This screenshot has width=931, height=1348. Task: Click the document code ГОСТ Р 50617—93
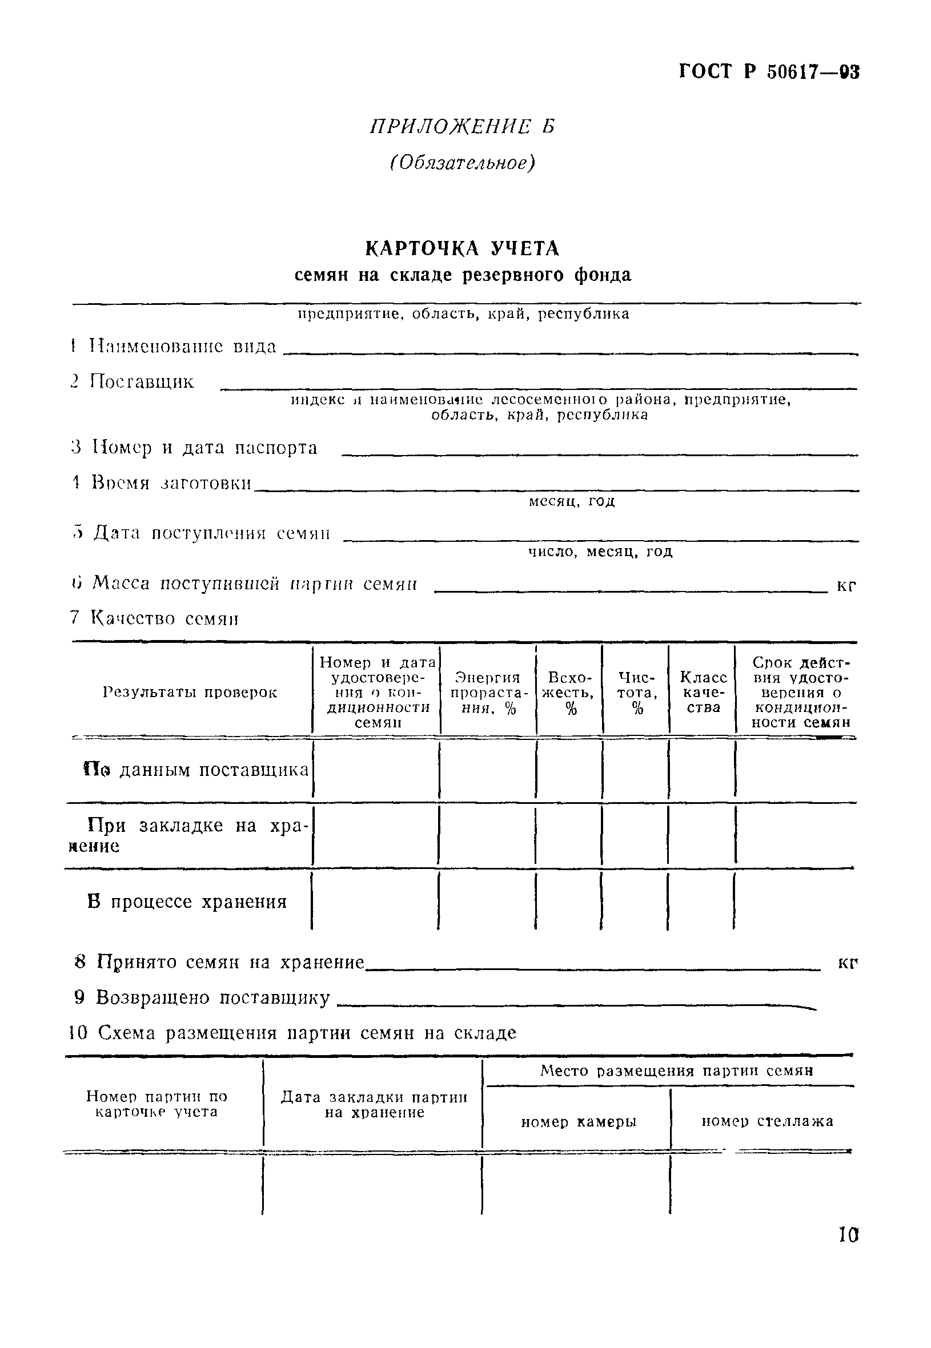coord(769,73)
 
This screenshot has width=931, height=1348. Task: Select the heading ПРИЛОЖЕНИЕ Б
coord(463,127)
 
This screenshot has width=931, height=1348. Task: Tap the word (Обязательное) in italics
coord(462,164)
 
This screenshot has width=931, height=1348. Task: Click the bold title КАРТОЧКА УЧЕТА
coord(462,249)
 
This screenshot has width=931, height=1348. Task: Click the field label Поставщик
coord(142,382)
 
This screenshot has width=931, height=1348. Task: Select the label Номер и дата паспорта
coord(204,448)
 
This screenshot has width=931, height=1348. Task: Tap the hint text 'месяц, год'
coord(572,501)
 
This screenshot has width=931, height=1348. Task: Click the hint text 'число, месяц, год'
coord(600,552)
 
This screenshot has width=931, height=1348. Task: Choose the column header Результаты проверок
coord(190,693)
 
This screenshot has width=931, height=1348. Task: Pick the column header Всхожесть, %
coord(570,693)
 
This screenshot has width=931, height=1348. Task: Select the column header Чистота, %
coord(636,693)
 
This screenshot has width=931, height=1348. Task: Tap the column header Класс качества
coord(703,693)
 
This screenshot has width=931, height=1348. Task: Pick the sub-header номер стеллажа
coord(767,1121)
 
